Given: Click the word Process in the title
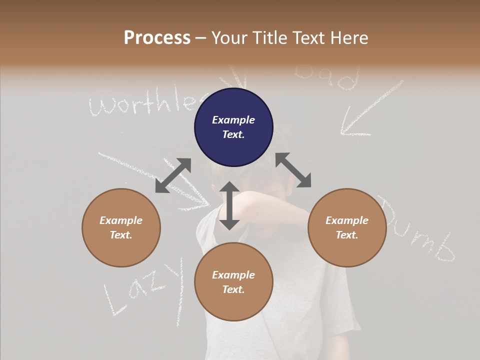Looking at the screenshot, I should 157,38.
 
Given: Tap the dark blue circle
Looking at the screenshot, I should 233,127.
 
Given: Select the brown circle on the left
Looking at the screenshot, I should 121,227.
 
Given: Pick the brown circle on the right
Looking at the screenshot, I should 346,227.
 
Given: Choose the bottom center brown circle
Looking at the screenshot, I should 233,282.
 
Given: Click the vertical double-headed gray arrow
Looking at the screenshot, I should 229,205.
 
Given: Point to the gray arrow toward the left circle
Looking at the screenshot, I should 173,175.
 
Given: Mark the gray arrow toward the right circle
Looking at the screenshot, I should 293,170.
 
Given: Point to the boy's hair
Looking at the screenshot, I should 280,145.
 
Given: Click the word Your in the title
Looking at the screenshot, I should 230,38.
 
